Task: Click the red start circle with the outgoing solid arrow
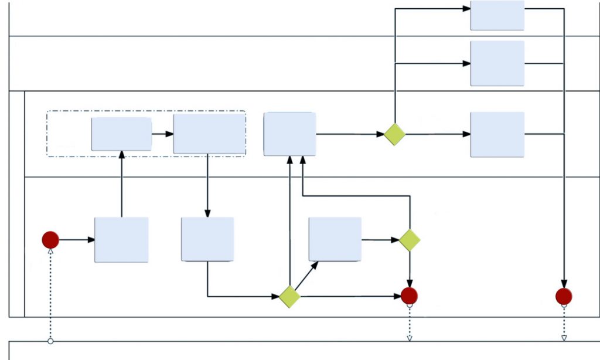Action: point(50,240)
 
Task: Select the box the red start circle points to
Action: point(121,240)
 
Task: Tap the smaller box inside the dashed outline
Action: point(121,134)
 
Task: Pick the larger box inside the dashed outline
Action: point(209,134)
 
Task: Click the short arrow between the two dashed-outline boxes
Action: point(162,134)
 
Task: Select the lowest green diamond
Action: point(289,297)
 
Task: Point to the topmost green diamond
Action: point(395,134)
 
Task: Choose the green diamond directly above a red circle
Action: point(410,240)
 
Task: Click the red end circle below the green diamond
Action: point(409,296)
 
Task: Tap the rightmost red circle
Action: point(564,297)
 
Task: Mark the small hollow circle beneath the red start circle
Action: point(50,341)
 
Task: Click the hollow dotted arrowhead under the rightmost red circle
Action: point(564,338)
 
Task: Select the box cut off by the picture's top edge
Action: point(497,15)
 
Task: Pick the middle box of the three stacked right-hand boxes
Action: point(497,63)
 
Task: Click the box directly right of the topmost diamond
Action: point(497,134)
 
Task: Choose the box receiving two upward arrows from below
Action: point(289,134)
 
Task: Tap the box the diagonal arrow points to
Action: point(335,239)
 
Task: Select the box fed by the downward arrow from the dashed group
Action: point(207,239)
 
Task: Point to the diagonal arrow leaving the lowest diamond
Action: point(306,275)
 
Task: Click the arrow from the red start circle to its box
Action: point(77,240)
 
